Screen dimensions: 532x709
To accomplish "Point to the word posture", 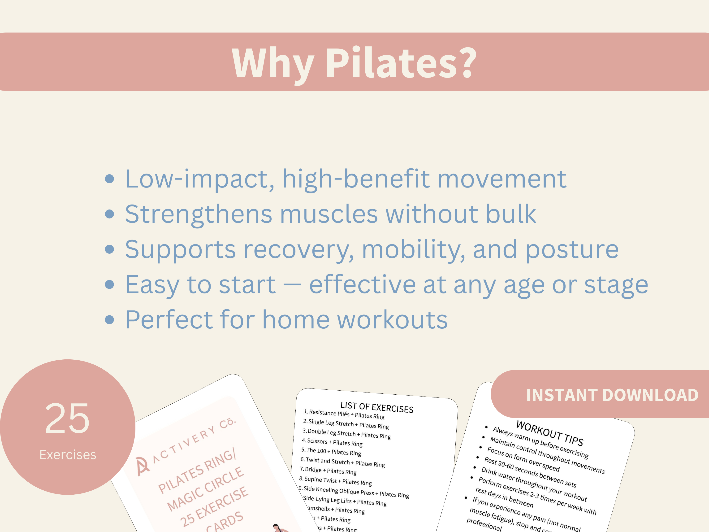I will point(572,249).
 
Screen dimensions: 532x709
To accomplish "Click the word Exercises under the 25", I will point(68,455).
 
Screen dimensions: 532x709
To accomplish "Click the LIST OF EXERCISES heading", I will point(377,407).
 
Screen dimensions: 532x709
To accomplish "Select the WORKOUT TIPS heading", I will point(549,433).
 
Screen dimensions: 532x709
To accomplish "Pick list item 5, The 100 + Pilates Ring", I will point(331,452).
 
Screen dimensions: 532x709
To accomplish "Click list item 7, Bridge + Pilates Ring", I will point(328,471).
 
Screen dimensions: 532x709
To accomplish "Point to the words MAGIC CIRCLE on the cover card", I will point(205,489).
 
